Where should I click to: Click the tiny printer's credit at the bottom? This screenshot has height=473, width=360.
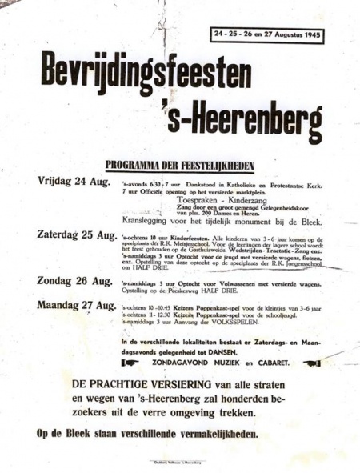(179, 463)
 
